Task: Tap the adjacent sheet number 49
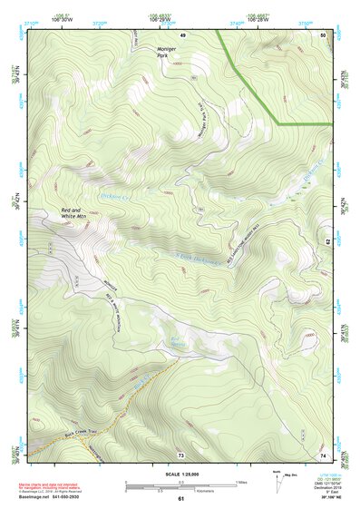(x=182, y=34)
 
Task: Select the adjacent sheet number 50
(x=322, y=34)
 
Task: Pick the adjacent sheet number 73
(x=181, y=454)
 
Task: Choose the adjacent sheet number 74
(x=322, y=454)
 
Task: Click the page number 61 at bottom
(x=181, y=498)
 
